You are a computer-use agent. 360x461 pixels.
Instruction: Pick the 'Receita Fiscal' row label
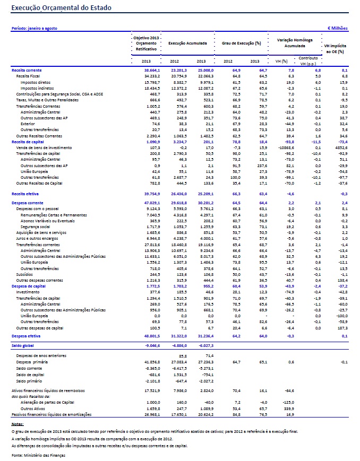[28, 76]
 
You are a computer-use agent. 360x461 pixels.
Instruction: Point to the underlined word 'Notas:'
[18, 424]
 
